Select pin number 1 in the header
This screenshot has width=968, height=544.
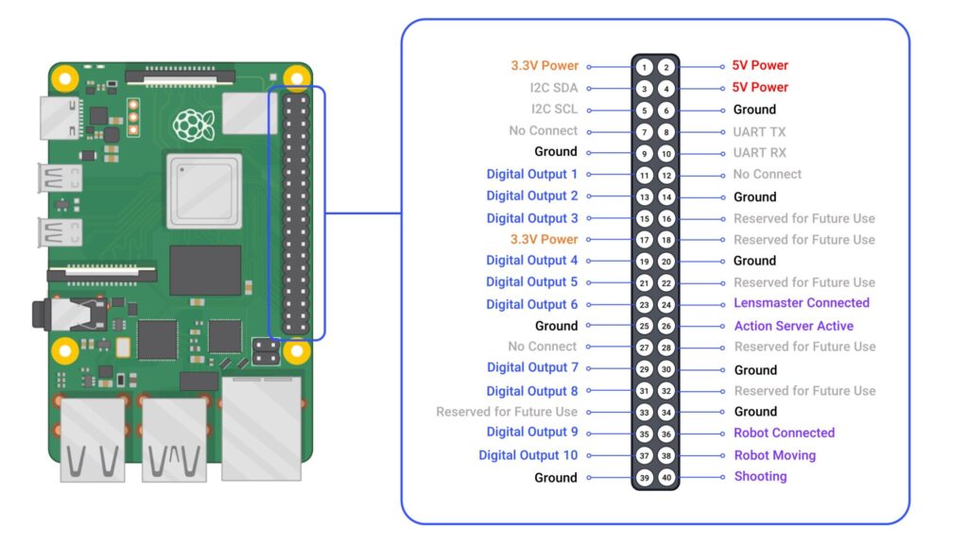click(644, 67)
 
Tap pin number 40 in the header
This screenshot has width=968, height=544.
click(665, 478)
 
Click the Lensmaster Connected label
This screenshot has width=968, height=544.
click(801, 303)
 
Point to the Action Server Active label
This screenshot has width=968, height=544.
click(793, 326)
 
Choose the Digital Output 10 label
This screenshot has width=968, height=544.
click(527, 455)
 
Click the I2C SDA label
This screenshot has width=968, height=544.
click(553, 87)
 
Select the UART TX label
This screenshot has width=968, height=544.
click(759, 132)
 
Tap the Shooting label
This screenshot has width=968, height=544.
click(760, 476)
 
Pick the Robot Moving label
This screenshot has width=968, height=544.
click(774, 455)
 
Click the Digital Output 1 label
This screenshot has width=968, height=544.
click(531, 174)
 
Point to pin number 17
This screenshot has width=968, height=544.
click(644, 240)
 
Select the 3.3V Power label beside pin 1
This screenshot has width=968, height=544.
click(544, 66)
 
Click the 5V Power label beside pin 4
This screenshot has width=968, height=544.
click(760, 87)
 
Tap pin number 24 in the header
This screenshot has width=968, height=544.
click(665, 305)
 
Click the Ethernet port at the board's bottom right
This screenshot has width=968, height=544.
click(261, 428)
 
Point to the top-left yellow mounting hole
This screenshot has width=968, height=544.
click(64, 76)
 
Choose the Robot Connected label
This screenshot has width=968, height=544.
click(784, 433)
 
